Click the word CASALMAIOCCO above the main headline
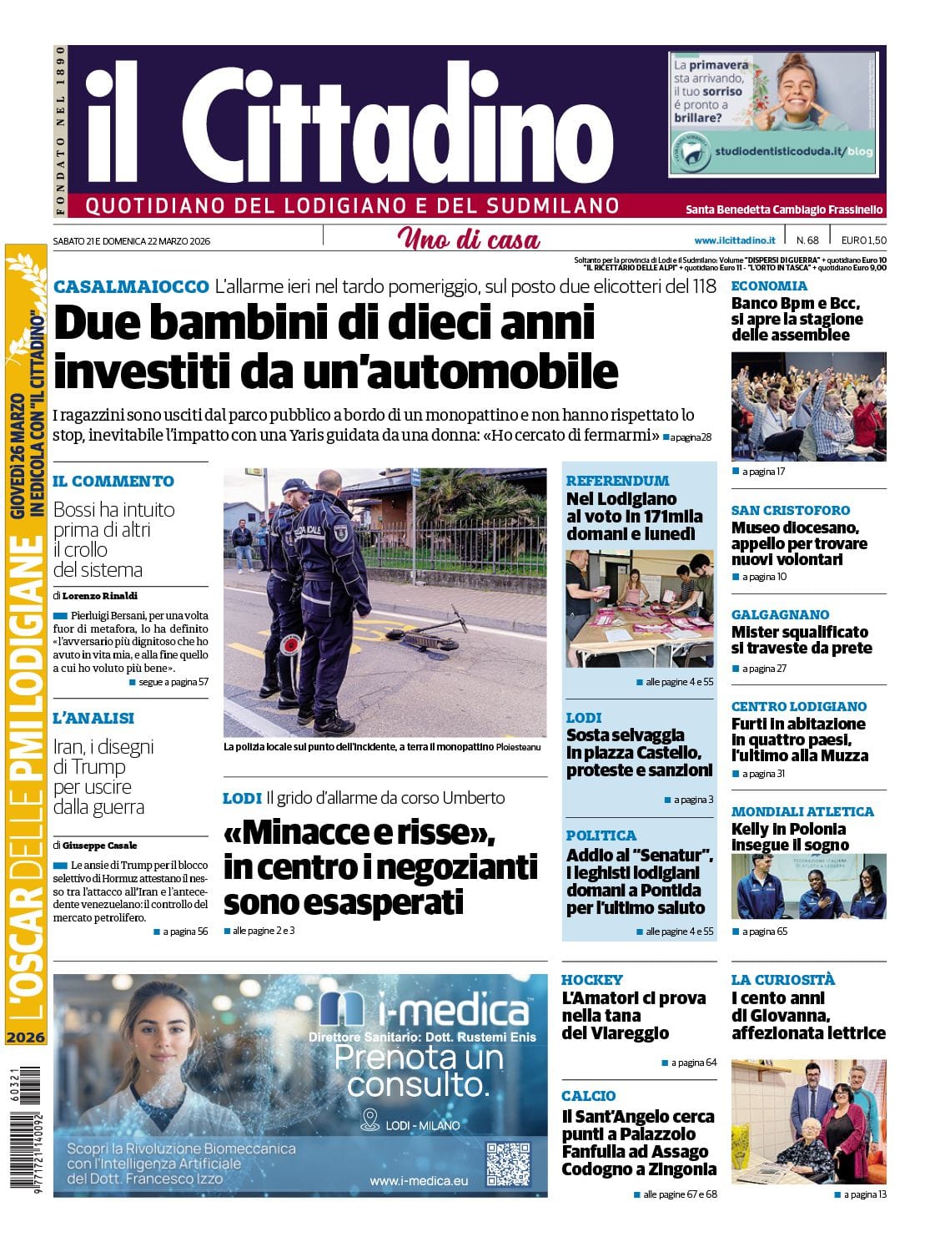pos(131,286)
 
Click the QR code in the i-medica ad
pos(507,1164)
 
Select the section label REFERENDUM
pos(617,481)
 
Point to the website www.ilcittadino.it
pos(734,240)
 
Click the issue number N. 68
pos(807,240)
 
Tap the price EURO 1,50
pos(863,240)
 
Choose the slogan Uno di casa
pos(469,240)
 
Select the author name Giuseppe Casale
pos(99,845)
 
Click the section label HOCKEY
pos(592,980)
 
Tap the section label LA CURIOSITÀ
pos(782,980)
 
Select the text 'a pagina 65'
pos(764,931)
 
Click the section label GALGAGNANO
pos(780,614)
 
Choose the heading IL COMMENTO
pos(113,482)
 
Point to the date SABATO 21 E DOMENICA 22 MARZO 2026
pos(132,241)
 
